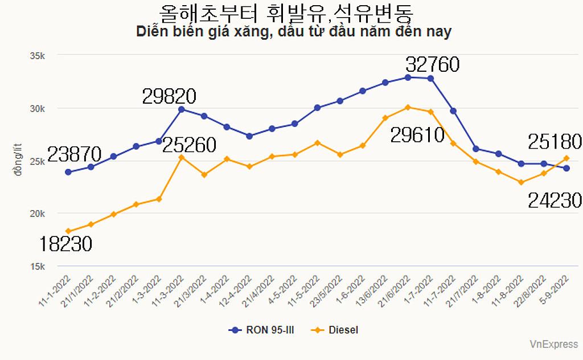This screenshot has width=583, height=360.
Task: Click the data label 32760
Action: click(x=432, y=65)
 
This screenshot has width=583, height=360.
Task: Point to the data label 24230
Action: click(x=554, y=201)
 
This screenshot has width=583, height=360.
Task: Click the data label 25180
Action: click(x=554, y=141)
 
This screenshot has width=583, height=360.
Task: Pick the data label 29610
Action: click(x=417, y=135)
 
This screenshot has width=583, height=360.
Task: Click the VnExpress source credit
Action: click(x=553, y=344)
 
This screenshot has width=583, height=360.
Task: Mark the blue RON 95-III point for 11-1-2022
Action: click(x=68, y=172)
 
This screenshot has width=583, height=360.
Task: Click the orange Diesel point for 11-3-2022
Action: click(x=182, y=157)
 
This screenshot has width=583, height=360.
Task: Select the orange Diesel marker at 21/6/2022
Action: click(x=408, y=107)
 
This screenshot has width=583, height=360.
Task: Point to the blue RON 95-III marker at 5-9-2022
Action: click(x=566, y=168)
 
